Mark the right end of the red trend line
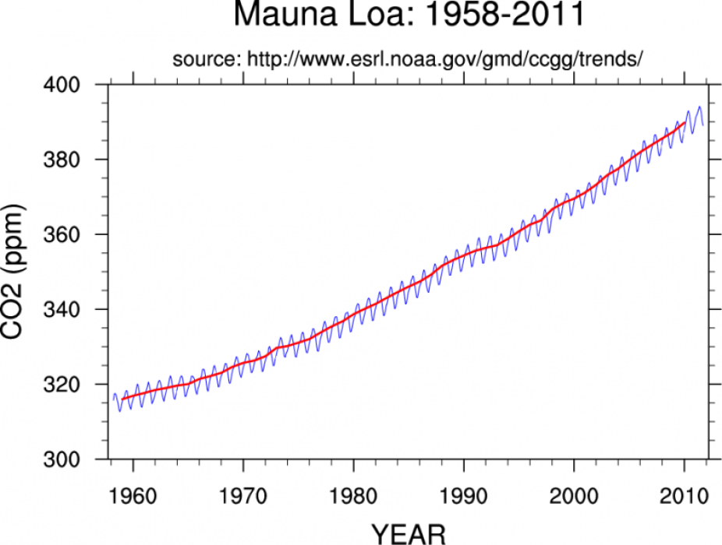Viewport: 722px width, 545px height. pyautogui.click(x=685, y=122)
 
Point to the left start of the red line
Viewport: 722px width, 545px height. pyautogui.click(x=122, y=399)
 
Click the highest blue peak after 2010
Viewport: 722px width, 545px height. pyautogui.click(x=699, y=107)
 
